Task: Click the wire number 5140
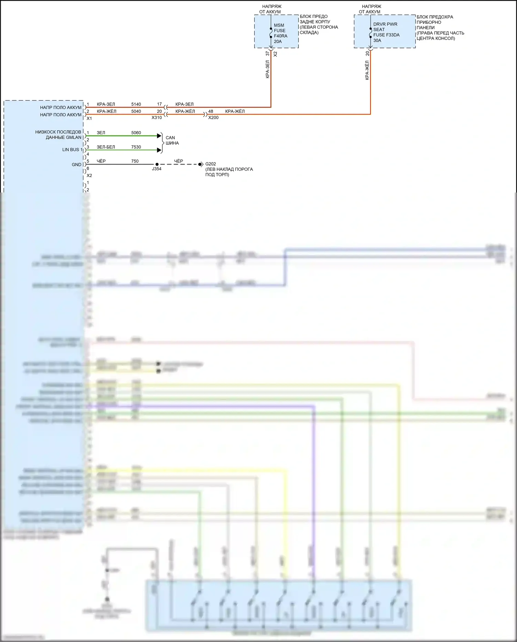click(136, 104)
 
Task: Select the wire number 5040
click(136, 111)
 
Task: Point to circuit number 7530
click(136, 147)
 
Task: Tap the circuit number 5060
click(136, 133)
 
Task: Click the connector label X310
click(156, 118)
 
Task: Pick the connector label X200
click(213, 118)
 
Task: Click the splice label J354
click(156, 169)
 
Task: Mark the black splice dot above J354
click(157, 165)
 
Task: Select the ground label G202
click(211, 164)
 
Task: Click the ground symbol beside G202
click(201, 165)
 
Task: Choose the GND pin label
click(77, 165)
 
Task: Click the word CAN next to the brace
click(170, 138)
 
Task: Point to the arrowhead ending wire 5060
click(159, 136)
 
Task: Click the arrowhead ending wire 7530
click(159, 150)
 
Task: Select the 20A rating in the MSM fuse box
click(277, 41)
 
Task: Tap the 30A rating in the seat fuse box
click(377, 40)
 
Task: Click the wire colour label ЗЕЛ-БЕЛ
click(106, 147)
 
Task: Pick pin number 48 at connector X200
click(211, 111)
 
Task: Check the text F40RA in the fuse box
click(281, 36)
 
